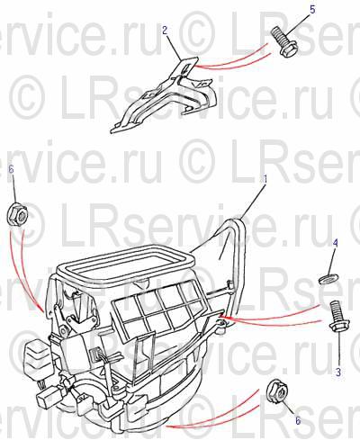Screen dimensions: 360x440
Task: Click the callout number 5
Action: click(x=312, y=9)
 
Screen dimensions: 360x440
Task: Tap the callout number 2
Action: click(x=165, y=30)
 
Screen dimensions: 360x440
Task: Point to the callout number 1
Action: click(x=265, y=179)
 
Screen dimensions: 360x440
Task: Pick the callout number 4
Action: click(x=336, y=243)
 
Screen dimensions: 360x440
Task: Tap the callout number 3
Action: click(x=338, y=373)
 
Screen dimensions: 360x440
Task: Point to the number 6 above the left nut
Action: click(x=12, y=169)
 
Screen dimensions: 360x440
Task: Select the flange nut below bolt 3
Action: click(x=277, y=391)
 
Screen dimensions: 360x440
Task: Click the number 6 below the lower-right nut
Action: click(x=298, y=420)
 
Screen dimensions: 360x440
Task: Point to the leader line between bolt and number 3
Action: click(x=338, y=350)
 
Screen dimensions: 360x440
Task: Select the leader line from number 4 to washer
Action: click(x=331, y=261)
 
